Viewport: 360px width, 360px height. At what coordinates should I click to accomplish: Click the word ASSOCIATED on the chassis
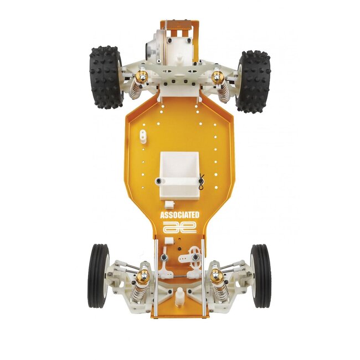(179, 214)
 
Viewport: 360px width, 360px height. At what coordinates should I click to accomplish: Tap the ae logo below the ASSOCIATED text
(179, 227)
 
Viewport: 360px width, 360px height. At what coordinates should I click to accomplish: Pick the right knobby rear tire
(254, 81)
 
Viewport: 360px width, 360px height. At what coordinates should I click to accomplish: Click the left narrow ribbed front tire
(98, 276)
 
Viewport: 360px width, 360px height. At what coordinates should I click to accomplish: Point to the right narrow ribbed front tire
(260, 276)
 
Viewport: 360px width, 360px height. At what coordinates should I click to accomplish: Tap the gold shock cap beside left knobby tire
(142, 76)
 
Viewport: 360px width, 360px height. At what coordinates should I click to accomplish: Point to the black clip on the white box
(202, 181)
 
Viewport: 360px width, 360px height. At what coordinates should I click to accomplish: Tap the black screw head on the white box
(160, 181)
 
